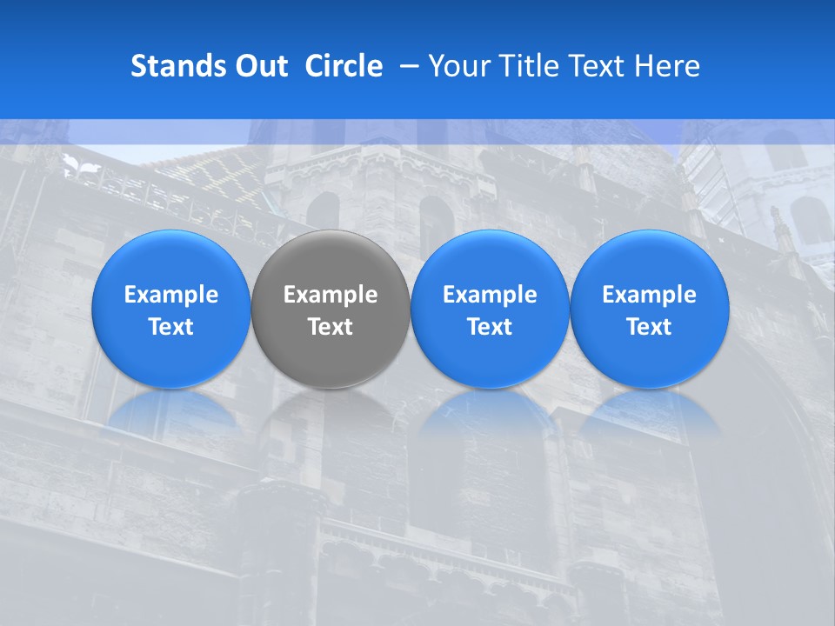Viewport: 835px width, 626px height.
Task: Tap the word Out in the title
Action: coord(259,66)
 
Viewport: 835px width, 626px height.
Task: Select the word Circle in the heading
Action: coord(344,66)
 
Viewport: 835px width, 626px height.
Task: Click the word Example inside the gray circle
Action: coord(331,295)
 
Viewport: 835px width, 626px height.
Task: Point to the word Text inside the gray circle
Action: coord(331,327)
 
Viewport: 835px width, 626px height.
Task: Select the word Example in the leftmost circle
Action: coord(171,295)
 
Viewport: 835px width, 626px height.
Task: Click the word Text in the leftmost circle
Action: coord(171,327)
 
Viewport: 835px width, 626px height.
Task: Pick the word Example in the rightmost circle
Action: coord(649,295)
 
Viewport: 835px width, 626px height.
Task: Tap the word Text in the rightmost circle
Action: coord(649,327)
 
